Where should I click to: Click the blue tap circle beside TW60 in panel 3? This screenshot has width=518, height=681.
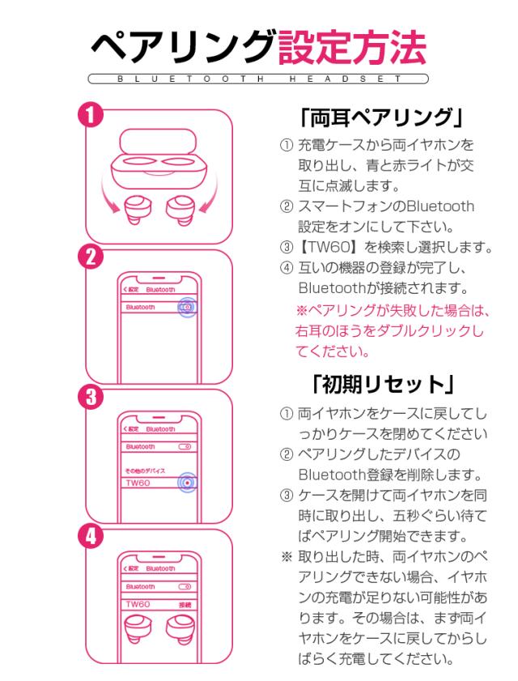pyautogui.click(x=187, y=482)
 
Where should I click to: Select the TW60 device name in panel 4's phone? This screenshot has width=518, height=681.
pyautogui.click(x=137, y=604)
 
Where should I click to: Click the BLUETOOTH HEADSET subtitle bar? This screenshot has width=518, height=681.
pyautogui.click(x=260, y=80)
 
